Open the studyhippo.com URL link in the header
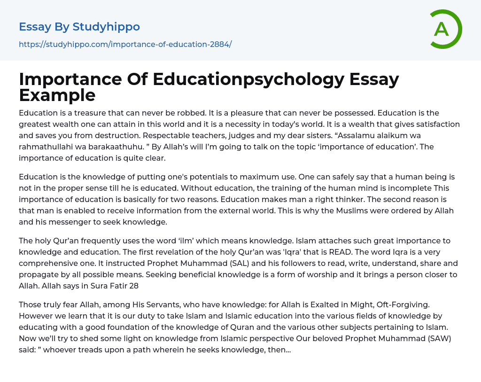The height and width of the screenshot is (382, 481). click(x=125, y=45)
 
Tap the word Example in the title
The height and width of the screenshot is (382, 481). click(x=57, y=95)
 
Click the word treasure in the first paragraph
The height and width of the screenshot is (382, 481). click(x=93, y=113)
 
